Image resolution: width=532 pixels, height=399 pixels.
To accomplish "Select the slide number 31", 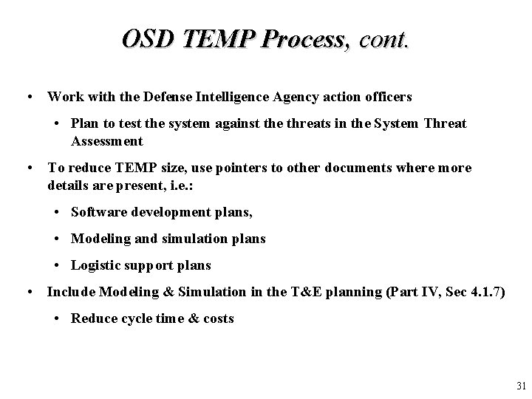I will [521, 386].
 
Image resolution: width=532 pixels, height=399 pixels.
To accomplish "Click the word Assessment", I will [107, 141].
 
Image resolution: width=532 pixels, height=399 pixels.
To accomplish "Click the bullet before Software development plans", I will [58, 212].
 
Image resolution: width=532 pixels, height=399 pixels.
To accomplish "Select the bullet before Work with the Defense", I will [27, 97].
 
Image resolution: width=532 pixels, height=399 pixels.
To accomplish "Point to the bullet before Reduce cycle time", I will [58, 318].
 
